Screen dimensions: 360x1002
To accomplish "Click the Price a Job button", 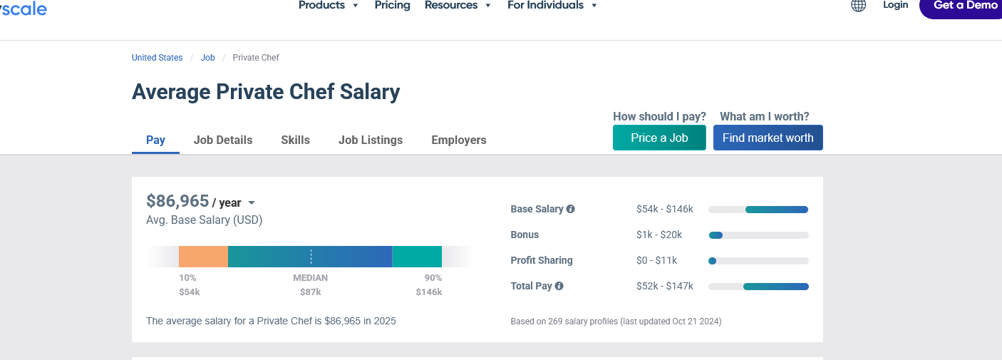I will click(x=659, y=138).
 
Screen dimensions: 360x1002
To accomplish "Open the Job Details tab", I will click(x=223, y=140).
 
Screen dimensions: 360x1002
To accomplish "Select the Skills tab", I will click(x=295, y=140).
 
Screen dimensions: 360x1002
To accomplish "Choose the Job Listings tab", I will click(x=371, y=140).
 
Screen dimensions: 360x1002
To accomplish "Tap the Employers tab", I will click(x=459, y=140).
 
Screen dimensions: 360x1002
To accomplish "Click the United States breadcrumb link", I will click(x=157, y=58).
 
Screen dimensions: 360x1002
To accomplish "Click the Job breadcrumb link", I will click(x=208, y=58).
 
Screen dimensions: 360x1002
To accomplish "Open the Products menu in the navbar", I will click(x=329, y=6).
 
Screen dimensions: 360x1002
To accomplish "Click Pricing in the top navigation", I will click(x=393, y=6).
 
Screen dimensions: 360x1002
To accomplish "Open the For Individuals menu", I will click(x=552, y=6).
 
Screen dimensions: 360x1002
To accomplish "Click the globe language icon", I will click(x=859, y=6).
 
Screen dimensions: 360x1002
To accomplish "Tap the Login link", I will click(x=895, y=6).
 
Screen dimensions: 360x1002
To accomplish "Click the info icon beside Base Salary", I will click(x=570, y=210).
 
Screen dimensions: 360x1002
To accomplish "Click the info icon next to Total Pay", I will click(x=559, y=287).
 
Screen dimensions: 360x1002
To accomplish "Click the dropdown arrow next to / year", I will click(x=252, y=203).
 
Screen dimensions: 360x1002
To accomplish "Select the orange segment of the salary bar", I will click(x=203, y=257).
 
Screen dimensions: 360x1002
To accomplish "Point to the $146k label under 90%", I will click(x=429, y=292).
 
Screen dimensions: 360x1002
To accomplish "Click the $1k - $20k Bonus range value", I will click(x=659, y=235).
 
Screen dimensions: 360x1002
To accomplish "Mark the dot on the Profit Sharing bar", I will click(x=712, y=261).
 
